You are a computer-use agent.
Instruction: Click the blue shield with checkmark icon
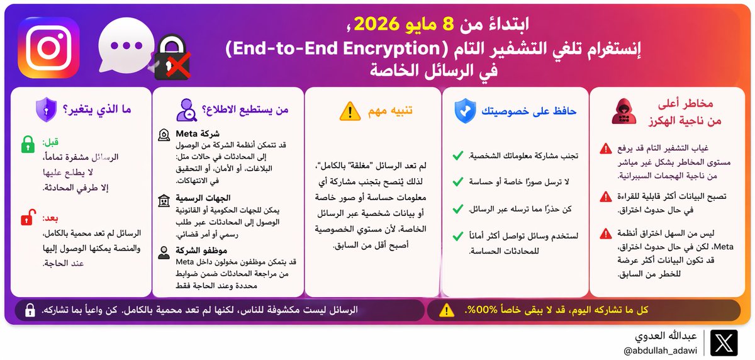[x=465, y=111]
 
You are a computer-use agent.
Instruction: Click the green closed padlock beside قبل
[x=28, y=144]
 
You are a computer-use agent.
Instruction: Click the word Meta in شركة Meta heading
[x=189, y=134]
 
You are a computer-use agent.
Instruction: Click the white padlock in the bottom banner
[x=30, y=310]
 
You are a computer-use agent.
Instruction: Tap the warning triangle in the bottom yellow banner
[x=446, y=310]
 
